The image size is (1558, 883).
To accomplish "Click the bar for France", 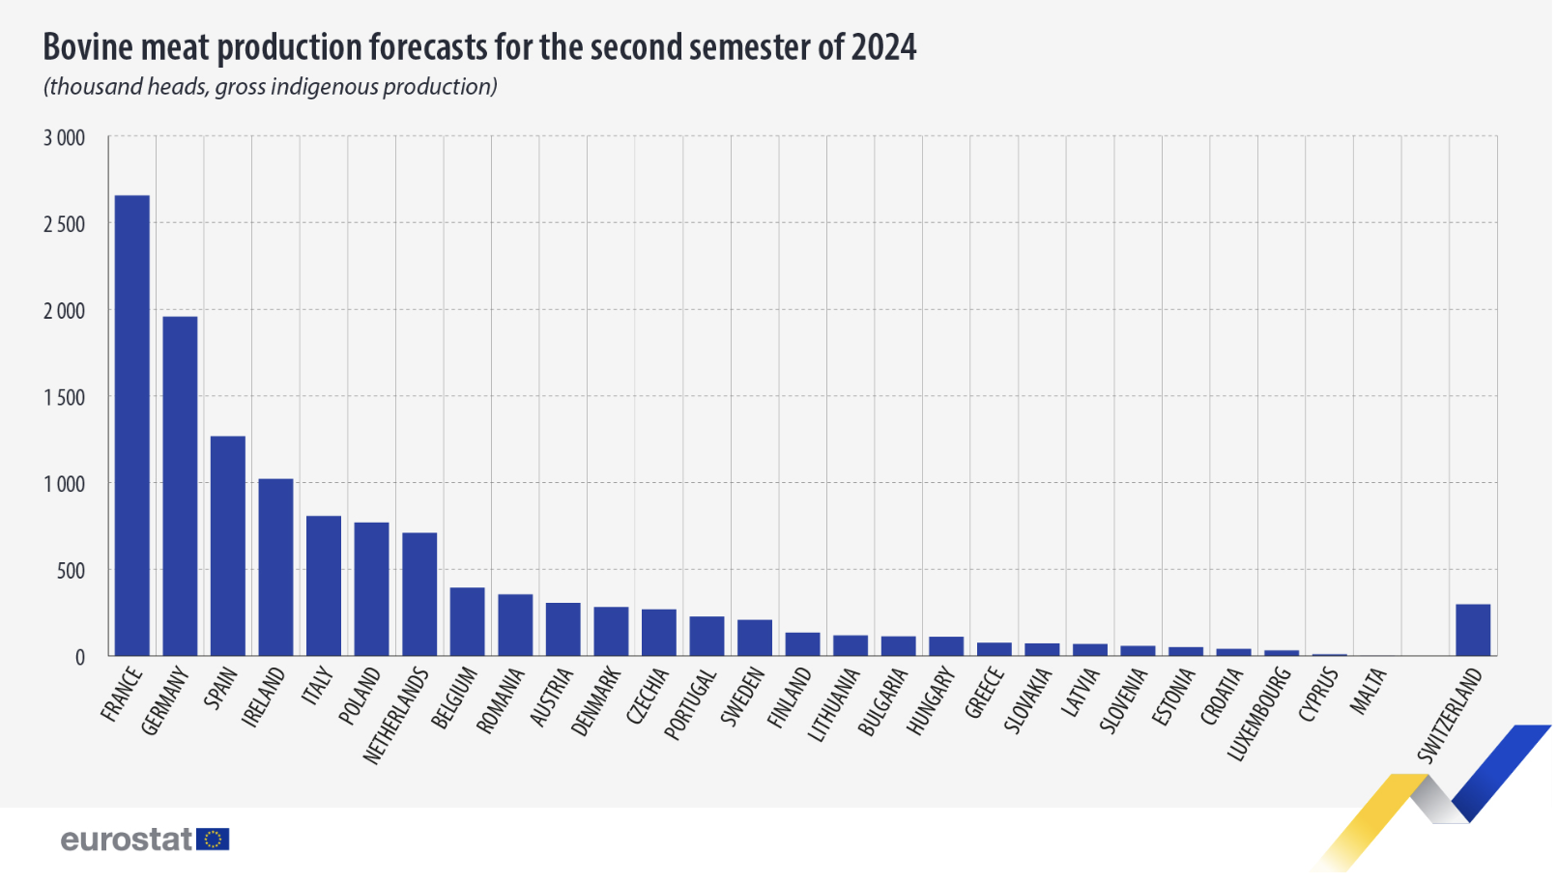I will click(x=132, y=425).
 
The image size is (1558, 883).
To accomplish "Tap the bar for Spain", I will click(x=228, y=546).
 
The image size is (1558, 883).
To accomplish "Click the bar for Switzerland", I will click(x=1473, y=630).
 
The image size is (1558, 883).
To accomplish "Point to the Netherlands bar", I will click(x=419, y=594).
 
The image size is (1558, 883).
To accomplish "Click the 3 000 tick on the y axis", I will click(x=64, y=138).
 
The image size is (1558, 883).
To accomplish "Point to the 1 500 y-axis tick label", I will click(x=64, y=397).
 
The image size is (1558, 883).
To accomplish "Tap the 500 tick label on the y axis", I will click(x=71, y=571).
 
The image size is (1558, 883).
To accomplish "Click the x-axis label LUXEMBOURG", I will click(x=1259, y=713).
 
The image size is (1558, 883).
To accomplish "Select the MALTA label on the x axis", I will click(x=1369, y=691).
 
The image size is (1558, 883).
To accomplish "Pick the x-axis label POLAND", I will click(x=360, y=696).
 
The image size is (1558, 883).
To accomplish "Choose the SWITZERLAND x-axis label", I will click(x=1450, y=715).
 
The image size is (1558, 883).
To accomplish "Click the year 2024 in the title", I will click(x=883, y=46).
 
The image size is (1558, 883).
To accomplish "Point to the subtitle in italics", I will click(x=270, y=87).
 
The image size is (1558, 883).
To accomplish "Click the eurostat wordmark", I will click(x=126, y=840).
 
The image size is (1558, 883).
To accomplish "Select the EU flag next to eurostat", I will click(x=213, y=840).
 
